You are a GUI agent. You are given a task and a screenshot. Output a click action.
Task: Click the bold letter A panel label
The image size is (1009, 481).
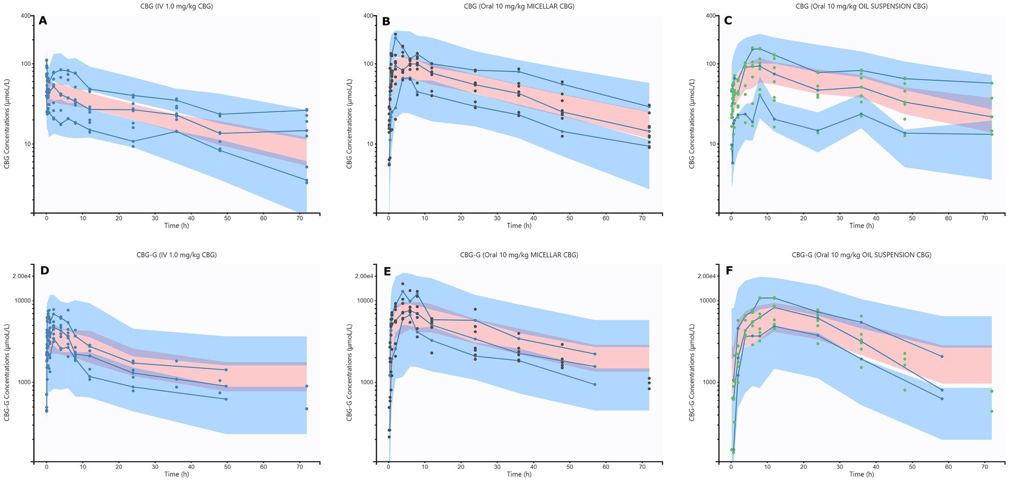point(43,21)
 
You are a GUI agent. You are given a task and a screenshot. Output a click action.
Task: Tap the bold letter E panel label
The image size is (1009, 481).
point(387,271)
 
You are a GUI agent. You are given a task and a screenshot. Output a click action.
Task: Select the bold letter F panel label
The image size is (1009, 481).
point(729,271)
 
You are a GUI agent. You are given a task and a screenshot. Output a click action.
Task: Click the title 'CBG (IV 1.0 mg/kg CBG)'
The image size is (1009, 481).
point(177,6)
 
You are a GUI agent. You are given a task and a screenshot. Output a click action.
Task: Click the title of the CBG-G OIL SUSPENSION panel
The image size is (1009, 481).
point(862,255)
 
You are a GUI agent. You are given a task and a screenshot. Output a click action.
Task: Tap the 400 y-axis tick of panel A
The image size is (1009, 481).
point(24,15)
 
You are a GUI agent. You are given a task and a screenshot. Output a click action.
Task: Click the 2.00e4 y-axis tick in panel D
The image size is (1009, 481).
point(19,276)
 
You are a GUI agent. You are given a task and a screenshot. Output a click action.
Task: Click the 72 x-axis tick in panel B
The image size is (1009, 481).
point(642,218)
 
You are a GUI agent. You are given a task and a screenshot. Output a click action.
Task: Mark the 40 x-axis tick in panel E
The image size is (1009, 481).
point(533,467)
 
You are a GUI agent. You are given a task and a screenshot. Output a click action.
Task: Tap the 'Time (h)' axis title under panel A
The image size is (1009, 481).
point(177,226)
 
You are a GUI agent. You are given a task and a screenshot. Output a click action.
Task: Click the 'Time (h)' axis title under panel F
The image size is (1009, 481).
point(862,474)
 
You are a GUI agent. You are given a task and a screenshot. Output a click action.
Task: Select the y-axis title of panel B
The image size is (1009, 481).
point(350,124)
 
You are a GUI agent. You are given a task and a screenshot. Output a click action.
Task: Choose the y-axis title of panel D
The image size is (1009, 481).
point(7,372)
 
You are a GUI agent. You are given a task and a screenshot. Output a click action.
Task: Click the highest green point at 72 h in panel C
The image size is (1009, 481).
point(991,83)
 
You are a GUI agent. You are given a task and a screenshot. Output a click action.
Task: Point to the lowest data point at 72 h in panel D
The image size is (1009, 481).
point(307,409)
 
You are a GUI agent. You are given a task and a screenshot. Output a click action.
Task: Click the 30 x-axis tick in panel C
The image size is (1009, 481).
point(840,218)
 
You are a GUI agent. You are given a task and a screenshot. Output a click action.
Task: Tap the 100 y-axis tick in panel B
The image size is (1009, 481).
point(367,64)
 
